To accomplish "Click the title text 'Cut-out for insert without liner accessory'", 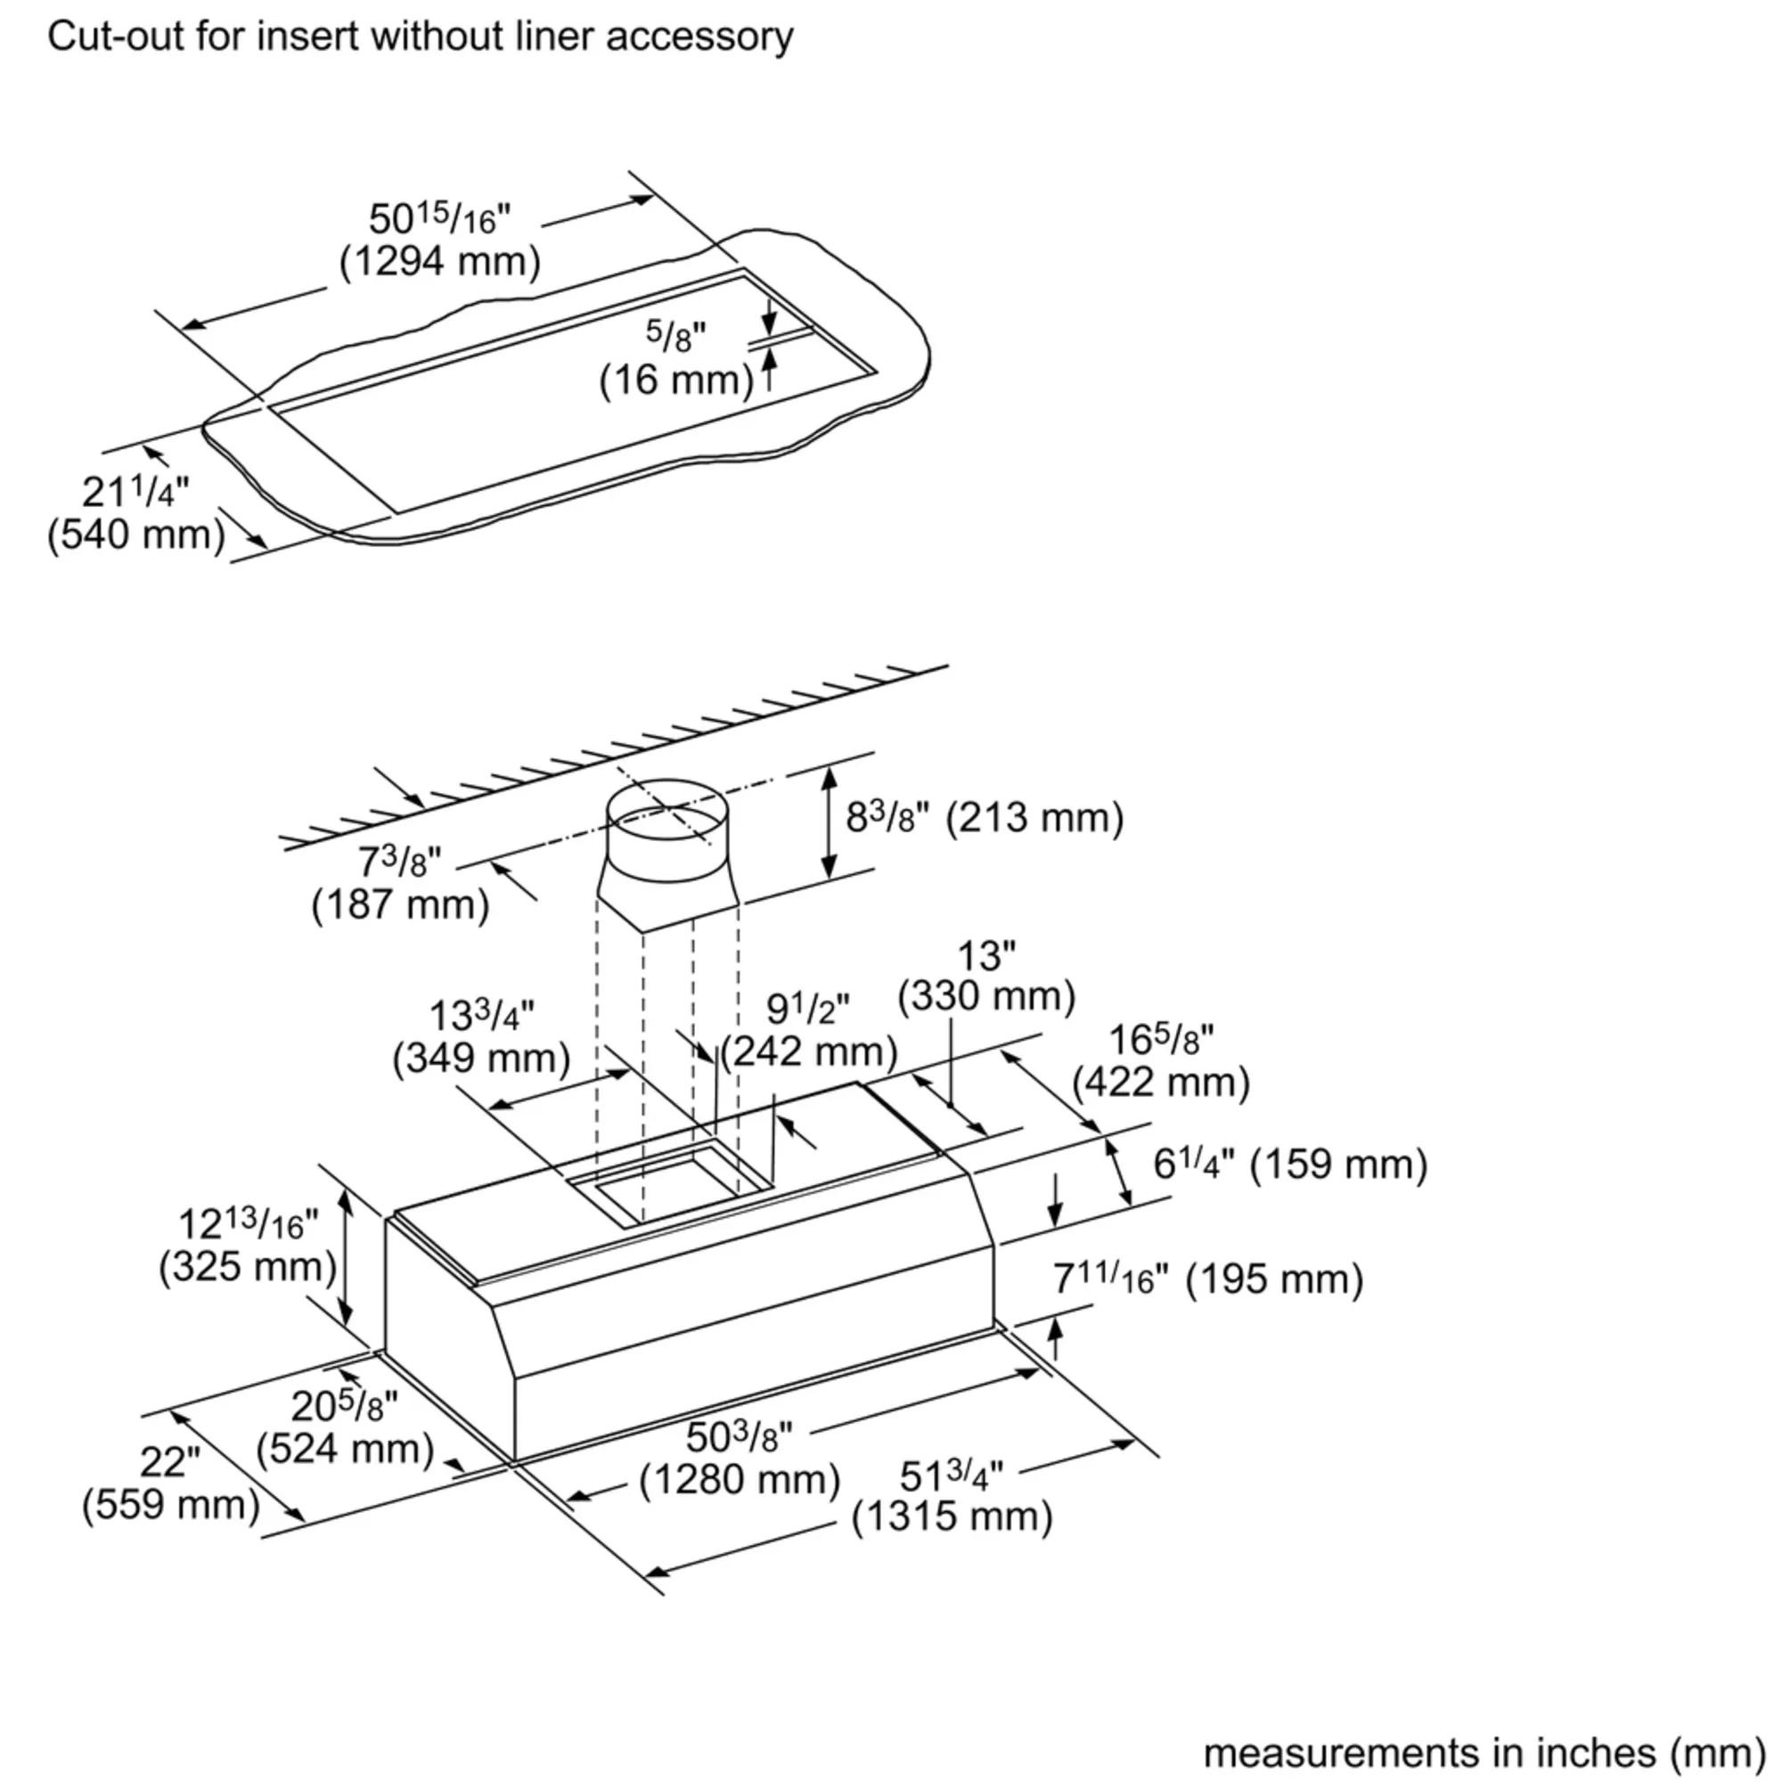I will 420,37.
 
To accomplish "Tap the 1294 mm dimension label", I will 440,262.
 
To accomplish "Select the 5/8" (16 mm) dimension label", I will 676,360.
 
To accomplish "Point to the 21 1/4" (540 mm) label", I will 136,514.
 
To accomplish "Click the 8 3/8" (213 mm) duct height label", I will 985,818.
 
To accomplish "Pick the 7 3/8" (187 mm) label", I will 400,884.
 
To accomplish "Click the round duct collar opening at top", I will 666,815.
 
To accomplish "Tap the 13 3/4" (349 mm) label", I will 481,1037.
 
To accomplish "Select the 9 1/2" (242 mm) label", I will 809,1031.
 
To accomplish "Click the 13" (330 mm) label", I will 986,976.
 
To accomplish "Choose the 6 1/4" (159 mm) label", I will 1289,1164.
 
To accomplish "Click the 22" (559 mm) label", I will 171,1484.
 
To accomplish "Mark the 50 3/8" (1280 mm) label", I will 740,1459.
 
